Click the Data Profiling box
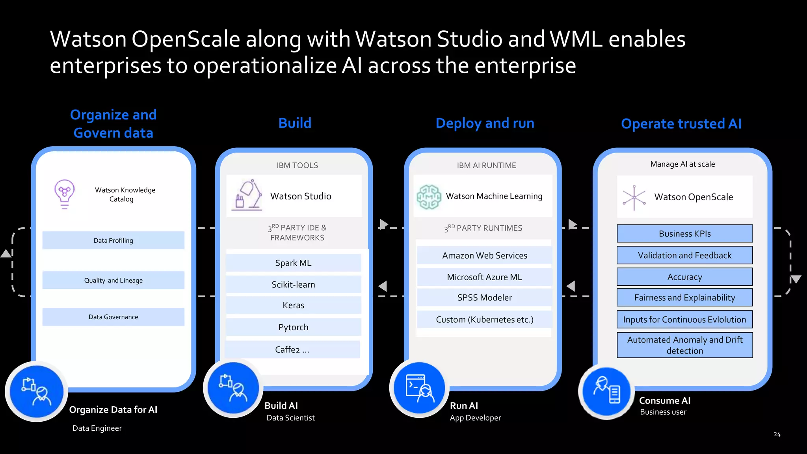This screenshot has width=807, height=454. click(x=113, y=240)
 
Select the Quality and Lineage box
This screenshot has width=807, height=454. click(x=113, y=280)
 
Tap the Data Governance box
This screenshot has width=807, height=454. click(x=113, y=317)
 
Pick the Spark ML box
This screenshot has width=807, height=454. click(x=293, y=263)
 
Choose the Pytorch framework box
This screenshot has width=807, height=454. click(x=293, y=327)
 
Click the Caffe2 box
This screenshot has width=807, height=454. click(x=292, y=350)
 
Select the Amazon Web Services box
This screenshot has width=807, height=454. click(x=484, y=255)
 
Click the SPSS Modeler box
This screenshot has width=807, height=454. click(x=484, y=298)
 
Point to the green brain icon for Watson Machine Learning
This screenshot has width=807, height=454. click(x=429, y=196)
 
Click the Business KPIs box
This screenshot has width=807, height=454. click(x=684, y=234)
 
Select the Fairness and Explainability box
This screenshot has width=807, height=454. click(x=684, y=298)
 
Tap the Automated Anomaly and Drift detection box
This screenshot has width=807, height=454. click(x=684, y=345)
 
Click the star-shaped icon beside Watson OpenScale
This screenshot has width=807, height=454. click(x=634, y=197)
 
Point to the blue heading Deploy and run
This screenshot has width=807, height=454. click(x=485, y=123)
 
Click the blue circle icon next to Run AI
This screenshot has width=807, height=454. click(x=419, y=388)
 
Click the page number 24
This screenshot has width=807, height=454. click(x=777, y=434)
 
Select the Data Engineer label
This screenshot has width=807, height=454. click(x=97, y=428)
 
